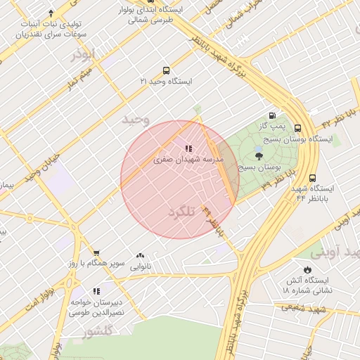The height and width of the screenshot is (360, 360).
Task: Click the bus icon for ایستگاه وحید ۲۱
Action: click(166, 70)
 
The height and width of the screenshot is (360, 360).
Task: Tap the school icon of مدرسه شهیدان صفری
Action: click(188, 148)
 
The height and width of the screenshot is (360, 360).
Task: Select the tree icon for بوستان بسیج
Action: click(259, 157)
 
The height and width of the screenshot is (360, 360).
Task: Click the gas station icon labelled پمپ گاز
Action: click(272, 116)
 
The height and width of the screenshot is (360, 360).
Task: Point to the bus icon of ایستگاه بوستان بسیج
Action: click(297, 128)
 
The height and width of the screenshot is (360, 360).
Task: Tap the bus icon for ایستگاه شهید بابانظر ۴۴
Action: click(312, 178)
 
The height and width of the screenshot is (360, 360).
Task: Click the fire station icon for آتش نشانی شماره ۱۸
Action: click(307, 269)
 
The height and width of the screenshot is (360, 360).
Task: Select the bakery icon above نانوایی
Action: click(141, 256)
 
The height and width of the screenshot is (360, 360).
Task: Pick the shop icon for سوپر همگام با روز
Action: click(96, 253)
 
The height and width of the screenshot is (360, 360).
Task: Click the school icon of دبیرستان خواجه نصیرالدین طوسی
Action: click(96, 291)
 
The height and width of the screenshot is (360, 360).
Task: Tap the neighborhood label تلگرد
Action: click(181, 212)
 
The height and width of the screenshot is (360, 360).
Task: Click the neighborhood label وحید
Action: click(136, 119)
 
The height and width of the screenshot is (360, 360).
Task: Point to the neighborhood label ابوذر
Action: click(82, 54)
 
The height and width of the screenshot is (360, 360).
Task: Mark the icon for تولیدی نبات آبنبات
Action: click(51, 13)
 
